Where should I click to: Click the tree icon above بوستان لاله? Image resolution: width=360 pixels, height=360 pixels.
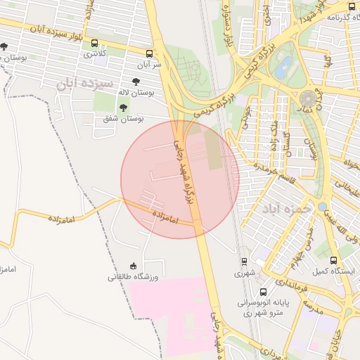[135, 82]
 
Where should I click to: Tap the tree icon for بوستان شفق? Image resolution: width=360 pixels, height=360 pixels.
[124, 108]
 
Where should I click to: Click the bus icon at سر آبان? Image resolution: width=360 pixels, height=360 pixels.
[149, 53]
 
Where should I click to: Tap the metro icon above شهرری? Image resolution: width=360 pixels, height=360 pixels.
[243, 262]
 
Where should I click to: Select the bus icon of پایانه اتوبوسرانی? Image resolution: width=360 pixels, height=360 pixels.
[263, 292]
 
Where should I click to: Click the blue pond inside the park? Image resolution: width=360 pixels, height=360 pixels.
[284, 67]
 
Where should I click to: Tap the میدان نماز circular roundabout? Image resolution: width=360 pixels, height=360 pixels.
[309, 98]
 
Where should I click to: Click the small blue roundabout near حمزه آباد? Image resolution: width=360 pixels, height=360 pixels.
[321, 207]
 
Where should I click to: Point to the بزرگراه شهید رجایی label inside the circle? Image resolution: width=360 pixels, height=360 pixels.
[186, 169]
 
